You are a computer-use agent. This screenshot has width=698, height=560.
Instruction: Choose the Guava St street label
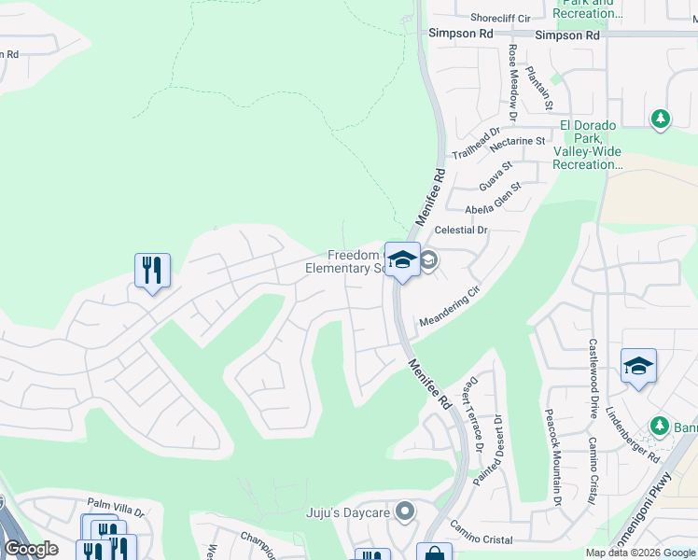pos(496,174)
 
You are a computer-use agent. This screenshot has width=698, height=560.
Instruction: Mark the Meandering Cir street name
pos(449,306)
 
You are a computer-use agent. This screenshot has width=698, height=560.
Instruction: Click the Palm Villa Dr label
pos(119,512)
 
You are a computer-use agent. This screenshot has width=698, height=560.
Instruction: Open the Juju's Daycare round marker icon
pos(404,511)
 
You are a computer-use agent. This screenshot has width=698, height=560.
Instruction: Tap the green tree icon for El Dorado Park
pos(661,119)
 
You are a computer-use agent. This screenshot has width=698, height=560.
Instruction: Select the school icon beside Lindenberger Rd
pos(638,366)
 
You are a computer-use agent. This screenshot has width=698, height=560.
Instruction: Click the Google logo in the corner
pos(31,549)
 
